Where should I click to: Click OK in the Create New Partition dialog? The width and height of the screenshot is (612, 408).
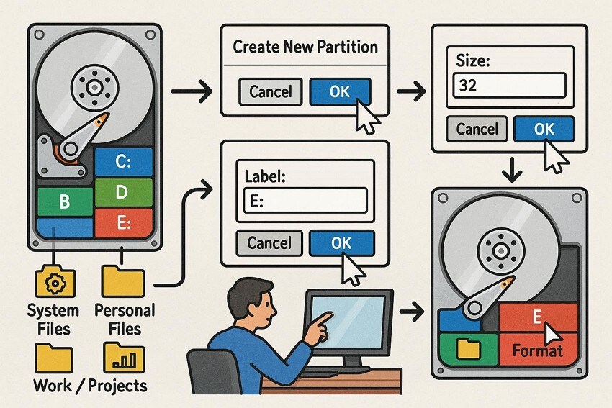click(339, 91)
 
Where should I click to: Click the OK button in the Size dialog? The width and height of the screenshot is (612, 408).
click(544, 129)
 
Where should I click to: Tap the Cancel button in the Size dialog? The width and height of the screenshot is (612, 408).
click(477, 129)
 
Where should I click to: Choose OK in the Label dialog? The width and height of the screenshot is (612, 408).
click(341, 242)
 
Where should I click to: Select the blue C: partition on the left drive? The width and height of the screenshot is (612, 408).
click(124, 162)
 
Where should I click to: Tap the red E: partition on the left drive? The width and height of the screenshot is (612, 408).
click(124, 223)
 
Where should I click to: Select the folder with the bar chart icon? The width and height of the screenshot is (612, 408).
click(124, 357)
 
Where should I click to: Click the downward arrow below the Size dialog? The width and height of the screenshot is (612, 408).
click(510, 171)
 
